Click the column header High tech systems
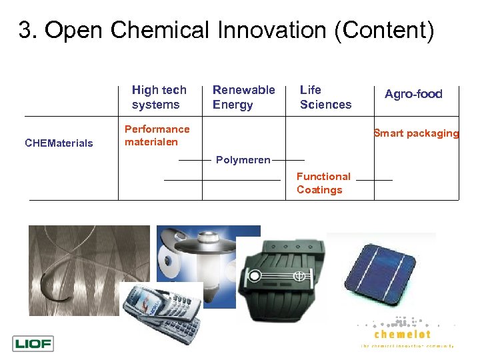[x=159, y=97]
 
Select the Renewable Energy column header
[x=243, y=97]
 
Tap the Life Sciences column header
[x=325, y=97]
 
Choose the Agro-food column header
[x=413, y=94]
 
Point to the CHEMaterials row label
[x=59, y=143]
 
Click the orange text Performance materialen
[x=157, y=135]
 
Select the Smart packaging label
[x=416, y=133]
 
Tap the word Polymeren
[x=243, y=160]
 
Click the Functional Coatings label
[x=323, y=183]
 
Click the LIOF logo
[x=33, y=344]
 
